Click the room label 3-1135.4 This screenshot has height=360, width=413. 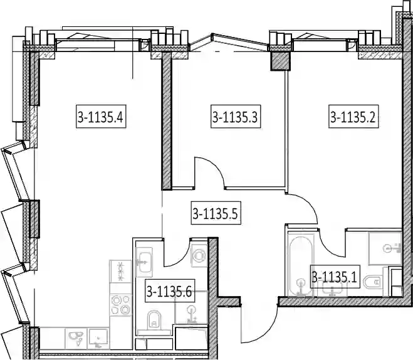point(101,117)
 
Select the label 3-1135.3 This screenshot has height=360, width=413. point(236,117)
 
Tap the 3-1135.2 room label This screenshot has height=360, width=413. point(353,117)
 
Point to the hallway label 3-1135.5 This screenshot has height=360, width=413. point(216,213)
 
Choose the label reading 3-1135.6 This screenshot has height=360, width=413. point(170,291)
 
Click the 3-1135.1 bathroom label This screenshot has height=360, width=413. point(335,277)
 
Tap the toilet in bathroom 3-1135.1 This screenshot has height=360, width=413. point(372,282)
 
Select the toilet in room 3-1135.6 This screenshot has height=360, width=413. point(154,319)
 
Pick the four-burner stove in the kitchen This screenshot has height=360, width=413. point(120,305)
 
